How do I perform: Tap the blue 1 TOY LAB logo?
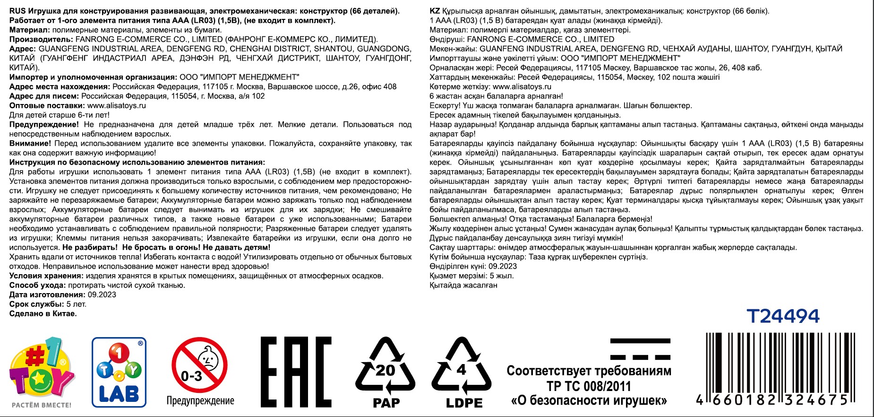(x=119, y=372)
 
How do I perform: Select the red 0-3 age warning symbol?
(x=199, y=365)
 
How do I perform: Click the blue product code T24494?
(x=783, y=316)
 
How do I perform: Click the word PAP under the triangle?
(x=386, y=403)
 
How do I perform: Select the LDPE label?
(x=464, y=403)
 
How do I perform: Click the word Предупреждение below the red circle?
(x=200, y=401)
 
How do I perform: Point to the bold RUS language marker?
(x=17, y=11)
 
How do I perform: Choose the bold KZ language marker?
(x=434, y=11)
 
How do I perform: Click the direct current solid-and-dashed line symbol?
(x=640, y=349)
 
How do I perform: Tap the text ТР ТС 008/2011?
(x=589, y=386)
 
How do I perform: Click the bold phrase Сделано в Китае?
(x=43, y=313)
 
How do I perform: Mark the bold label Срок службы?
(x=36, y=304)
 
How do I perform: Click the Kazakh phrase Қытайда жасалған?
(x=463, y=285)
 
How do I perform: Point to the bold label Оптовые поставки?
(x=47, y=105)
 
